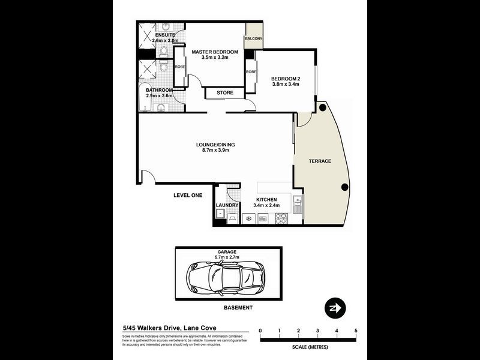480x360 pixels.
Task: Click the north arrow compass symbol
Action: click(x=334, y=308)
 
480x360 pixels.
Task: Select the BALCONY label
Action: click(x=253, y=39)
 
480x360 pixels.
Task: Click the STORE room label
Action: click(x=225, y=93)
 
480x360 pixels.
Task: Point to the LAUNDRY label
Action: click(x=227, y=205)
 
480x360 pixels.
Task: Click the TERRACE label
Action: click(x=320, y=161)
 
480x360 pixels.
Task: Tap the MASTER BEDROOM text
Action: click(x=215, y=52)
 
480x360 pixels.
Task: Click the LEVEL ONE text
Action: click(x=188, y=196)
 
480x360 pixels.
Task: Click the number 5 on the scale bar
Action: click(x=356, y=331)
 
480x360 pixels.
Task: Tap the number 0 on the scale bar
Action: click(x=260, y=331)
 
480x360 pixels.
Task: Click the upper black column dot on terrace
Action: click(x=322, y=109)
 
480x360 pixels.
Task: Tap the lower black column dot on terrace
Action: click(x=344, y=187)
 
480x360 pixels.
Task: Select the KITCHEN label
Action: click(x=266, y=199)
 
